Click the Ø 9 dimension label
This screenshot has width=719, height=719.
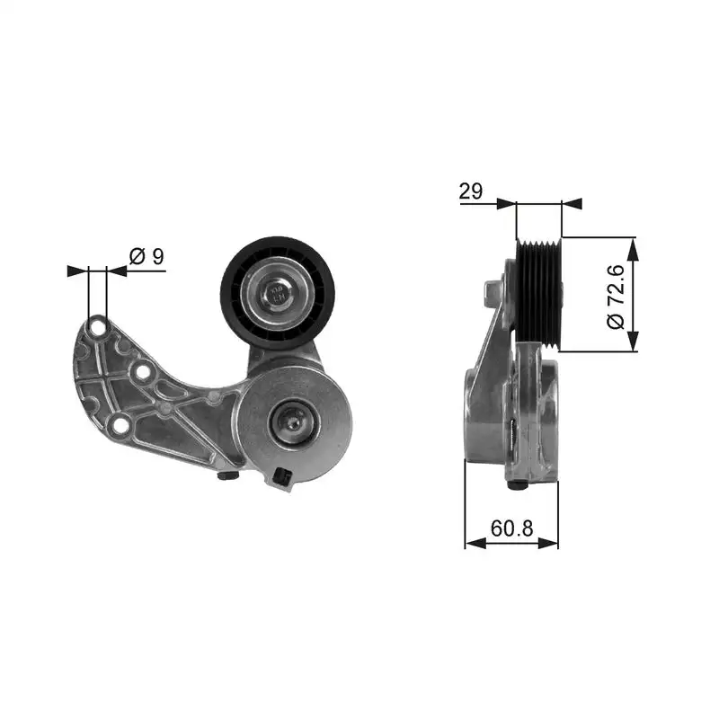[x=147, y=256]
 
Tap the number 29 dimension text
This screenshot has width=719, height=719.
[x=471, y=191]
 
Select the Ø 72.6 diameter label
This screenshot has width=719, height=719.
[x=616, y=295]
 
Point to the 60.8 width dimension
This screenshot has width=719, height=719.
[x=511, y=528]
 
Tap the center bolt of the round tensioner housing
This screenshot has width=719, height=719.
[x=292, y=418]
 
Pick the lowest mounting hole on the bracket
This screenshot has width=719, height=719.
[x=117, y=427]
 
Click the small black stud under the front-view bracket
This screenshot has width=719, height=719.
[x=228, y=476]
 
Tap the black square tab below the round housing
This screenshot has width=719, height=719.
[x=283, y=477]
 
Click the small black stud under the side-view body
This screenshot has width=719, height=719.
[x=516, y=485]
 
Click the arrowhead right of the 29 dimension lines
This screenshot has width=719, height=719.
[x=572, y=204]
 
